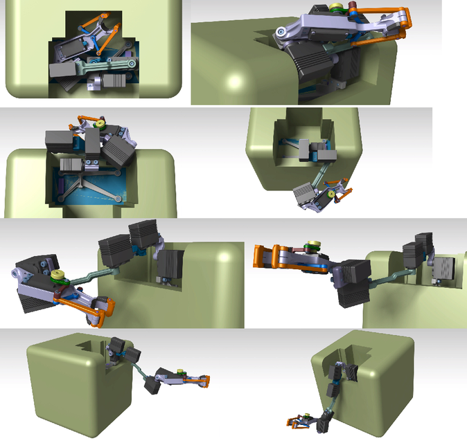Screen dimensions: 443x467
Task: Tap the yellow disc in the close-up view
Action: coord(337,9)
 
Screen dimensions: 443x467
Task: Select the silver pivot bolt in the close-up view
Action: coord(283,32)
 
